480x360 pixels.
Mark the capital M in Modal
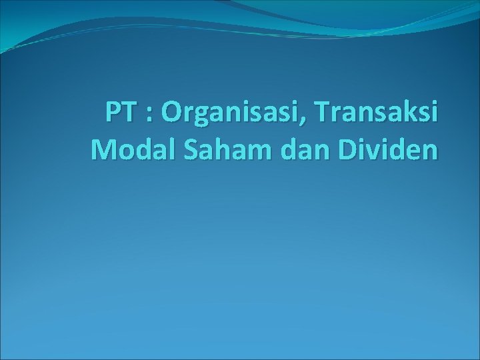[x=102, y=150]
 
